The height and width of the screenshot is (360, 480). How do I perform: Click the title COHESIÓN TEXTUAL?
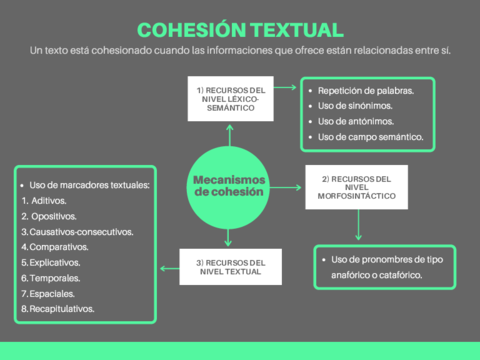(x=240, y=30)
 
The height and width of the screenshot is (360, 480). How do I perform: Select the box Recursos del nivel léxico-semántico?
(x=229, y=97)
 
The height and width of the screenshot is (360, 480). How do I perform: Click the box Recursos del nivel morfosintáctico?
(x=349, y=187)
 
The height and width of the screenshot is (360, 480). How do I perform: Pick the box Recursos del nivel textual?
(x=229, y=267)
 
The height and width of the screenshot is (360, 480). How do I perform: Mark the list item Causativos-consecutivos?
(x=79, y=231)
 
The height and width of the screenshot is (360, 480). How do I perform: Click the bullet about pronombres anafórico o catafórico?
(x=386, y=267)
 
